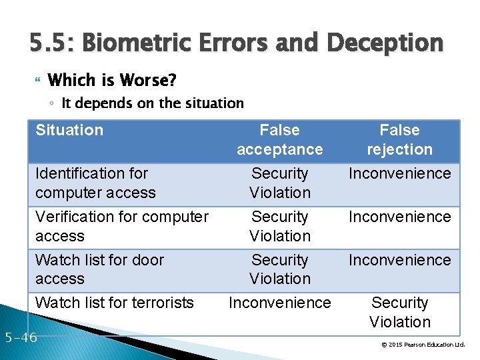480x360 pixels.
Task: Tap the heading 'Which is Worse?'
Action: pyautogui.click(x=112, y=81)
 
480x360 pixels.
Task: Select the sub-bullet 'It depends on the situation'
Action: pyautogui.click(x=153, y=103)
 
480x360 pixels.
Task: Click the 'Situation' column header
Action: pyautogui.click(x=69, y=131)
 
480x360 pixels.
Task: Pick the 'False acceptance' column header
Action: pyautogui.click(x=279, y=140)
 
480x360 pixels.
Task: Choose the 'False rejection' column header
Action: pyautogui.click(x=399, y=140)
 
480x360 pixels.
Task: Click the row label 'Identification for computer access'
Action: pyautogui.click(x=95, y=183)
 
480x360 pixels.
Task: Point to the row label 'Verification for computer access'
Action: pyautogui.click(x=122, y=227)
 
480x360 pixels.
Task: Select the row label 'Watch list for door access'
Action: pyautogui.click(x=99, y=269)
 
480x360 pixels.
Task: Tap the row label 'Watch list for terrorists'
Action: pyautogui.click(x=114, y=303)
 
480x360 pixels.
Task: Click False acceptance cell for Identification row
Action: pyautogui.click(x=280, y=183)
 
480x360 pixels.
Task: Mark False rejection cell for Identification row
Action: pyautogui.click(x=399, y=174)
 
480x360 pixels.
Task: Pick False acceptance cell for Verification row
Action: pyautogui.click(x=280, y=227)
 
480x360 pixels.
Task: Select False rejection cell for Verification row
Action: pyautogui.click(x=399, y=217)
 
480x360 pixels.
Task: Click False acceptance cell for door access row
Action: pyautogui.click(x=280, y=269)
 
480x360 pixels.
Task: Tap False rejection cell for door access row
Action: pyautogui.click(x=399, y=260)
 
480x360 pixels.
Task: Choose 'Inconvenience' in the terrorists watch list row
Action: pyautogui.click(x=280, y=303)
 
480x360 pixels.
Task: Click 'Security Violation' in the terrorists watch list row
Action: pyautogui.click(x=399, y=313)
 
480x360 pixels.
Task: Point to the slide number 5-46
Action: pyautogui.click(x=19, y=337)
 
